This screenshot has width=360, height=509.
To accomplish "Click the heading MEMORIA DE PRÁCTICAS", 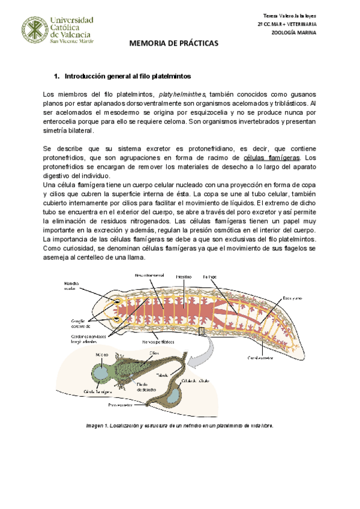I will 175,44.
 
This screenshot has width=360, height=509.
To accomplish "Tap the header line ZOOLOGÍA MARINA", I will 295,32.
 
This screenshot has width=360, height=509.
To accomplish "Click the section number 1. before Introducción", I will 57,77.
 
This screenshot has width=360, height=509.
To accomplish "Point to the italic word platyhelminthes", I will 182,94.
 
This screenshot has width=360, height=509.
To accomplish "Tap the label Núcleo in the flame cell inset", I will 100,354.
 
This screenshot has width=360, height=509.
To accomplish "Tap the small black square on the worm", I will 202,331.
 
